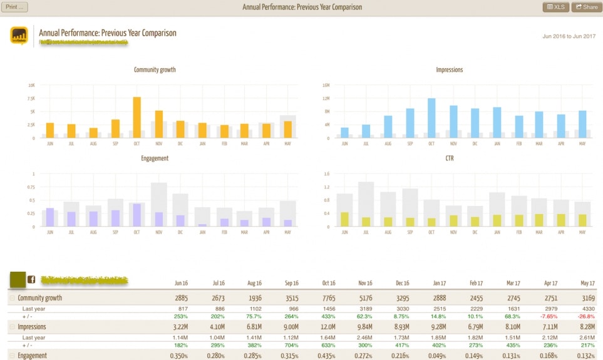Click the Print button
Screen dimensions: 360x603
15,7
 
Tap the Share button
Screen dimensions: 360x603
586,7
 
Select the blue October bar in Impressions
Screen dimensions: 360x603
431,118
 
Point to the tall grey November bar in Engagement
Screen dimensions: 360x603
159,204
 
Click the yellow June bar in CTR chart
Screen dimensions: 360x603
344,219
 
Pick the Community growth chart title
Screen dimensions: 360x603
155,69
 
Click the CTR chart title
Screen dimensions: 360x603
449,158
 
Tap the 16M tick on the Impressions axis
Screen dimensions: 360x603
325,85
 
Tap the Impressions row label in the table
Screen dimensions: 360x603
32,327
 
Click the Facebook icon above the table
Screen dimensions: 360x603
31,280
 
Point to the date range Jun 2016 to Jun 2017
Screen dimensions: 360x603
568,36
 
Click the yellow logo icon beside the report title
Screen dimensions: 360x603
19,36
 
